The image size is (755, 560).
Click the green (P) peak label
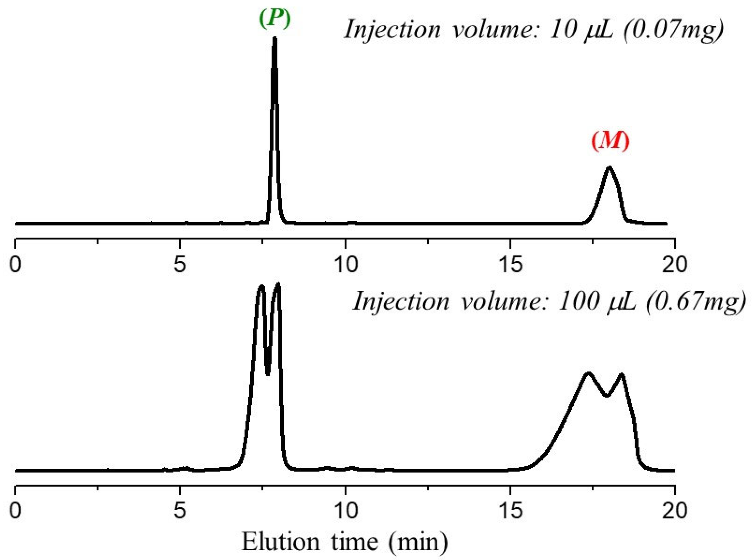tap(275, 20)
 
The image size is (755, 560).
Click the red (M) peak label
tap(610, 141)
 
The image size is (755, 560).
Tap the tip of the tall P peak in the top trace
tap(275, 38)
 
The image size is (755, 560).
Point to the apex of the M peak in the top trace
tap(610, 167)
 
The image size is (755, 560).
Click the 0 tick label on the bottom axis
tap(16, 511)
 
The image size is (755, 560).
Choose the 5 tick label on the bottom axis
tap(180, 511)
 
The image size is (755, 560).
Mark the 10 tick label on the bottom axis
tap(345, 511)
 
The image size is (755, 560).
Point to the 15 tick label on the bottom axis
tap(511, 511)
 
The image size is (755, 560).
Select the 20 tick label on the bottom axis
tap(675, 511)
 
